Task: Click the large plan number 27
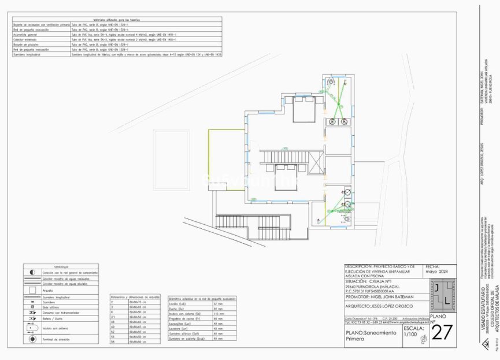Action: click(442, 333)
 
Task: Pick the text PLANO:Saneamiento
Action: click(371, 333)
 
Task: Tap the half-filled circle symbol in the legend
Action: click(32, 272)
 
